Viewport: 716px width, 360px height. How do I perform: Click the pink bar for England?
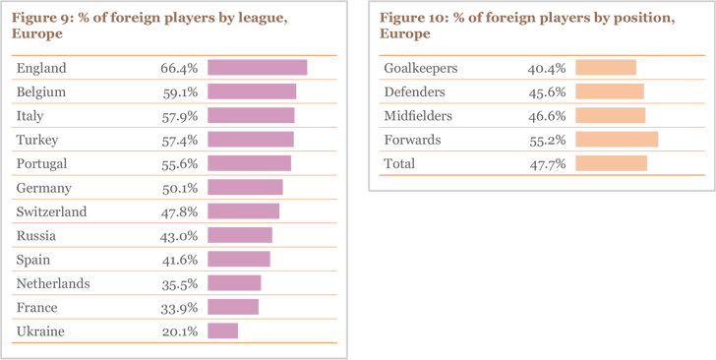pyautogui.click(x=258, y=68)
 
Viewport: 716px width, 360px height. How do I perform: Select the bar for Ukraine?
pyautogui.click(x=223, y=331)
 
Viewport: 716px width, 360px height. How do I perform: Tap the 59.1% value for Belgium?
pyautogui.click(x=180, y=91)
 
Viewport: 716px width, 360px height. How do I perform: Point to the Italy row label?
pyautogui.click(x=30, y=116)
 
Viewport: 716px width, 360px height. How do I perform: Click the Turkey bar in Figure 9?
pyautogui.click(x=251, y=140)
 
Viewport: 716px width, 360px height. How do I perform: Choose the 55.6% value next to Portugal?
pyautogui.click(x=180, y=163)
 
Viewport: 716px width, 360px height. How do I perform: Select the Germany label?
pyautogui.click(x=43, y=188)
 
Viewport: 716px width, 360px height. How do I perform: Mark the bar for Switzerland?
pyautogui.click(x=244, y=211)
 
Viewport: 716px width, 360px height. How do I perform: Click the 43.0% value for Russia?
pyautogui.click(x=180, y=236)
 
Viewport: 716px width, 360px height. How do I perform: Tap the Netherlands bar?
pyautogui.click(x=234, y=283)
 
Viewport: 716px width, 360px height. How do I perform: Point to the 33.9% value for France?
pyautogui.click(x=180, y=308)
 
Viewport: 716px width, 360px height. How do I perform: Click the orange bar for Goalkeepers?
pyautogui.click(x=606, y=68)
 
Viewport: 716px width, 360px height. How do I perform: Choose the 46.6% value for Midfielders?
pyautogui.click(x=546, y=116)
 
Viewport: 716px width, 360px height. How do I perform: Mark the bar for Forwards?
pyautogui.click(x=617, y=140)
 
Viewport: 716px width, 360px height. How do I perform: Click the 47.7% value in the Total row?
pyautogui.click(x=546, y=163)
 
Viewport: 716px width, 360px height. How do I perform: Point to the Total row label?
pyautogui.click(x=398, y=163)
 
